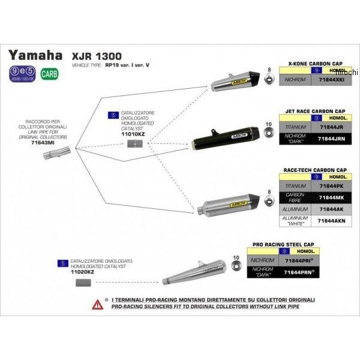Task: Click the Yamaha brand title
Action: pyautogui.click(x=35, y=56)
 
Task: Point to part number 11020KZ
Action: pyautogui.click(x=83, y=272)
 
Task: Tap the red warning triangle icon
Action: pyautogui.click(x=96, y=304)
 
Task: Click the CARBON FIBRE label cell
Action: pyautogui.click(x=296, y=197)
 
